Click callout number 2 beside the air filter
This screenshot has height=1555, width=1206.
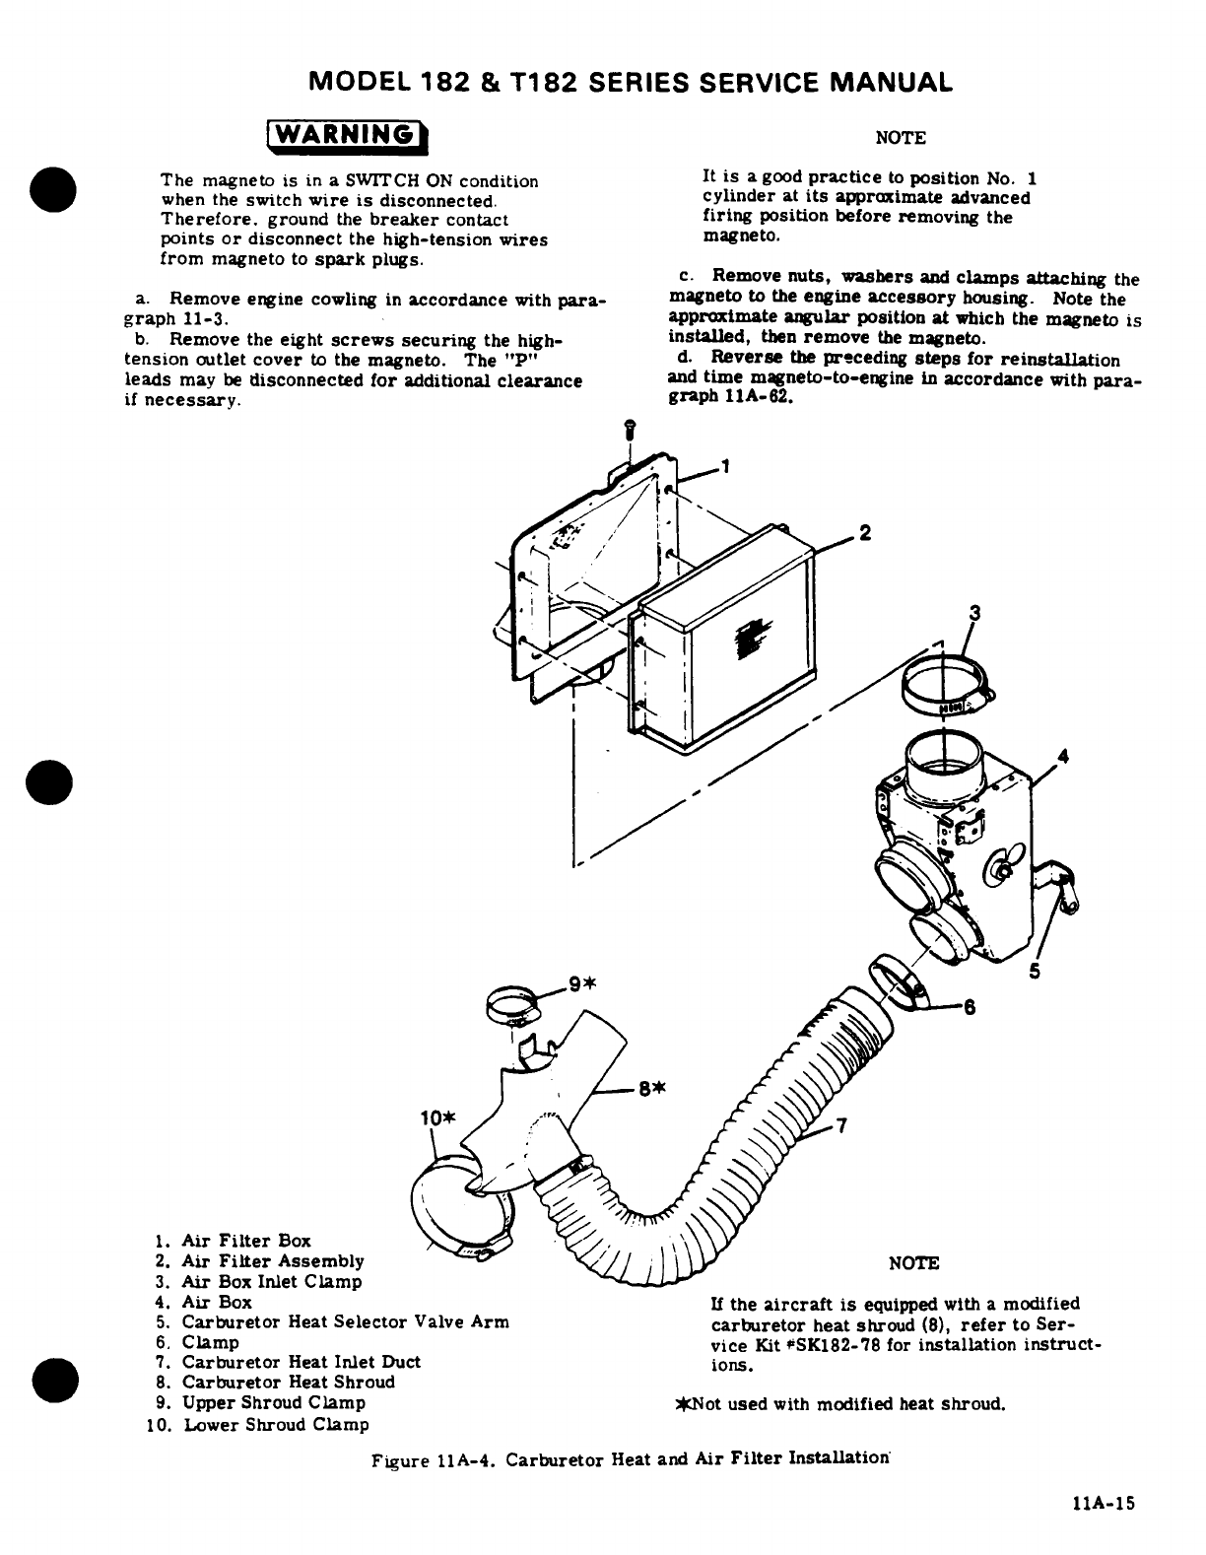point(864,533)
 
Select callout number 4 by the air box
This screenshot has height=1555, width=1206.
point(1061,757)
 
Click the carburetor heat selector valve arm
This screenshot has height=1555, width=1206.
point(1061,883)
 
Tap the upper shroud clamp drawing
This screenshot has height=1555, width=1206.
point(516,1005)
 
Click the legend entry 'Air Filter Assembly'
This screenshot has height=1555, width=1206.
point(273,1261)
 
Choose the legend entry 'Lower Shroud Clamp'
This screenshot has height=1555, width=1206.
point(276,1424)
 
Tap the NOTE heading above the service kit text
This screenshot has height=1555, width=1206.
point(913,1263)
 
